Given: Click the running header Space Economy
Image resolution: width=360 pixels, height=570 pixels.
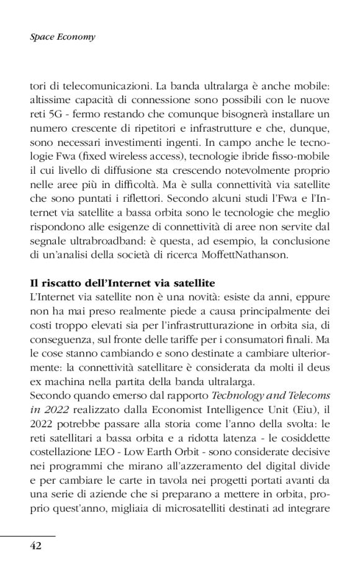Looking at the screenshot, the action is [62, 37].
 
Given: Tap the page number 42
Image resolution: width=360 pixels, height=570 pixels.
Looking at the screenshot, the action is [36, 546].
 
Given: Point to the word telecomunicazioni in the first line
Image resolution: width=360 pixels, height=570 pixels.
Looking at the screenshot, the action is [95, 84].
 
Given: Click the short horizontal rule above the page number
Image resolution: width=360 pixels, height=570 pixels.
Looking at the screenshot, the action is [28, 535].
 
